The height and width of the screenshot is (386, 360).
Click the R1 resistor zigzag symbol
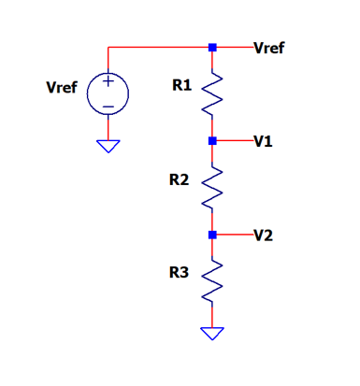212,94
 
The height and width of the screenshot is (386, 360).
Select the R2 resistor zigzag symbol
212,188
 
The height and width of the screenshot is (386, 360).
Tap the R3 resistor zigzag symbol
212,281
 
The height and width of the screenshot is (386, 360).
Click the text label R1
182,85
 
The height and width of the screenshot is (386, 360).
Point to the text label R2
179,179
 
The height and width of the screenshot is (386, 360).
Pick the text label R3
179,272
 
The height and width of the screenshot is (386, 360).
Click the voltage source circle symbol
108,93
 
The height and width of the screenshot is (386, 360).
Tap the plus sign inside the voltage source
108,81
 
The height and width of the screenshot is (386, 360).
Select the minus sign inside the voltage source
108,107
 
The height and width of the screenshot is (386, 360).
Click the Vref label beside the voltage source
62,87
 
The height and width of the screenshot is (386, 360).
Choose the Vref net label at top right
269,48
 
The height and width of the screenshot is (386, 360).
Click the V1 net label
264,141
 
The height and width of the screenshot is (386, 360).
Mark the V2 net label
264,236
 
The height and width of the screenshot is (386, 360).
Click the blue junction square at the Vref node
212,48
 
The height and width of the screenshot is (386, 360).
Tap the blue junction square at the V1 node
212,141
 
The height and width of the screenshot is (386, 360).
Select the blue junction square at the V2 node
212,235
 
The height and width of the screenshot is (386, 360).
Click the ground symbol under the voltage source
108,147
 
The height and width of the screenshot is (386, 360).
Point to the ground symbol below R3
212,334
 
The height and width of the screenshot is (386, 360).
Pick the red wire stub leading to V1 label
235,141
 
